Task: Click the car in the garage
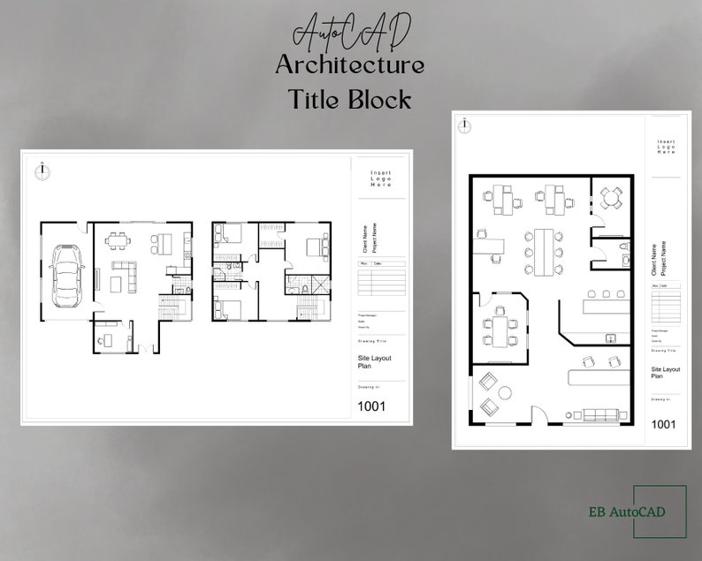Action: point(65,275)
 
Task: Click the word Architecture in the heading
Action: point(349,65)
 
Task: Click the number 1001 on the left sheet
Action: point(371,406)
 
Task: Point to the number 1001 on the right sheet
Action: point(663,424)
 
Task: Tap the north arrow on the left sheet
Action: point(40,169)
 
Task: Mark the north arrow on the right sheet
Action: point(465,125)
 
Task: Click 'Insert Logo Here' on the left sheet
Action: point(380,179)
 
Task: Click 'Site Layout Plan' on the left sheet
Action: point(374,362)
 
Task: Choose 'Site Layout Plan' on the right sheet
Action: point(665,372)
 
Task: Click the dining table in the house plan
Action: point(118,238)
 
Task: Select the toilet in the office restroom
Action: point(622,246)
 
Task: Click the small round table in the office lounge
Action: point(504,391)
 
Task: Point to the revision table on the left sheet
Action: point(381,278)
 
